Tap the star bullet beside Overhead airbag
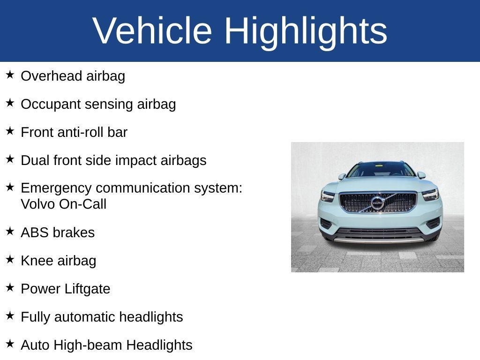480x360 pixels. (10, 75)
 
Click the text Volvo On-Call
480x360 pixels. (64, 204)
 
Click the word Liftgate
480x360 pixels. (87, 289)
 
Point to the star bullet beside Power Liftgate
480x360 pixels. (10, 288)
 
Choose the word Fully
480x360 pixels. (36, 317)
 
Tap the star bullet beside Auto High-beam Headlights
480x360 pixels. (10, 344)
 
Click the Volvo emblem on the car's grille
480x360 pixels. (377, 203)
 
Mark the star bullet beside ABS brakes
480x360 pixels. (10, 232)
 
